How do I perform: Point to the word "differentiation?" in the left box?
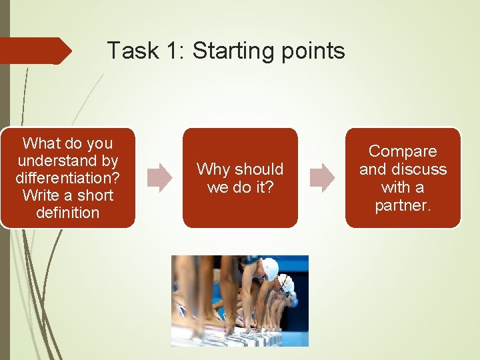(x=67, y=178)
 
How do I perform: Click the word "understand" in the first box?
(x=67, y=161)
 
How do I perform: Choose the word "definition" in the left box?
(x=67, y=213)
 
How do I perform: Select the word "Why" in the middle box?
(x=212, y=169)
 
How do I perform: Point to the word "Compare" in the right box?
(x=403, y=151)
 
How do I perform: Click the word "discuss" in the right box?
(x=419, y=169)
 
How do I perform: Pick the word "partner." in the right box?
(x=403, y=205)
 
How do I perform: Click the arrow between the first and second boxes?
(x=159, y=179)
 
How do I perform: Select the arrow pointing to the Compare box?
(x=323, y=179)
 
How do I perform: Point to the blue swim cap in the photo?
(x=294, y=301)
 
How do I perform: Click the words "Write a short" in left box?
(x=67, y=195)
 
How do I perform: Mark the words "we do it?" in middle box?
(x=240, y=187)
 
